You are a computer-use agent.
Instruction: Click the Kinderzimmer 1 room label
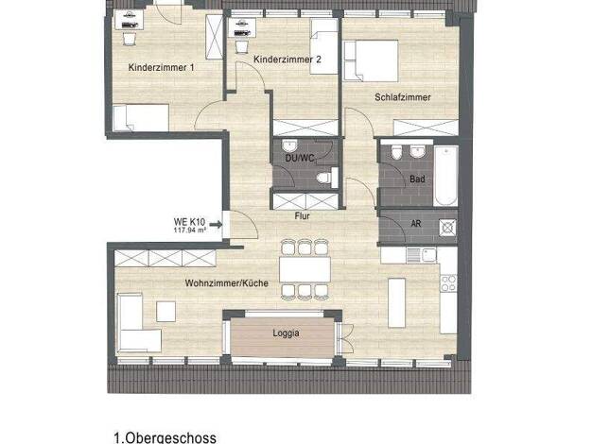click(161, 68)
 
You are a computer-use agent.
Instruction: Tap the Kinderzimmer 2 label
click(287, 60)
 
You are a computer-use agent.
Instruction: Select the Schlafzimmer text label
click(403, 97)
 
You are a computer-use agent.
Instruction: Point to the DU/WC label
click(300, 159)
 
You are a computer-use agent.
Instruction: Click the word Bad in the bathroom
click(417, 179)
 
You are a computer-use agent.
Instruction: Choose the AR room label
click(416, 224)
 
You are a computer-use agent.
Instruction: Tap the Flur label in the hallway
click(303, 216)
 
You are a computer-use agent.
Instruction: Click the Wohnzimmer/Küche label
click(227, 283)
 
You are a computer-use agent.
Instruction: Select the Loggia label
click(286, 333)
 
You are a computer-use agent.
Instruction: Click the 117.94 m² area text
click(190, 230)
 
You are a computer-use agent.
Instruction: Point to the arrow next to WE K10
click(216, 225)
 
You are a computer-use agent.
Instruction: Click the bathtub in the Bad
click(445, 176)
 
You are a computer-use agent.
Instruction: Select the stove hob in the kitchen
click(448, 283)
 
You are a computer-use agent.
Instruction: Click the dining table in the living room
click(305, 269)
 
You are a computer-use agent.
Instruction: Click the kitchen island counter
click(397, 303)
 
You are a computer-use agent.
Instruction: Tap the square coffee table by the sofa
click(165, 311)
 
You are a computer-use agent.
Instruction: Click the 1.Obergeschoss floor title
click(165, 438)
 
